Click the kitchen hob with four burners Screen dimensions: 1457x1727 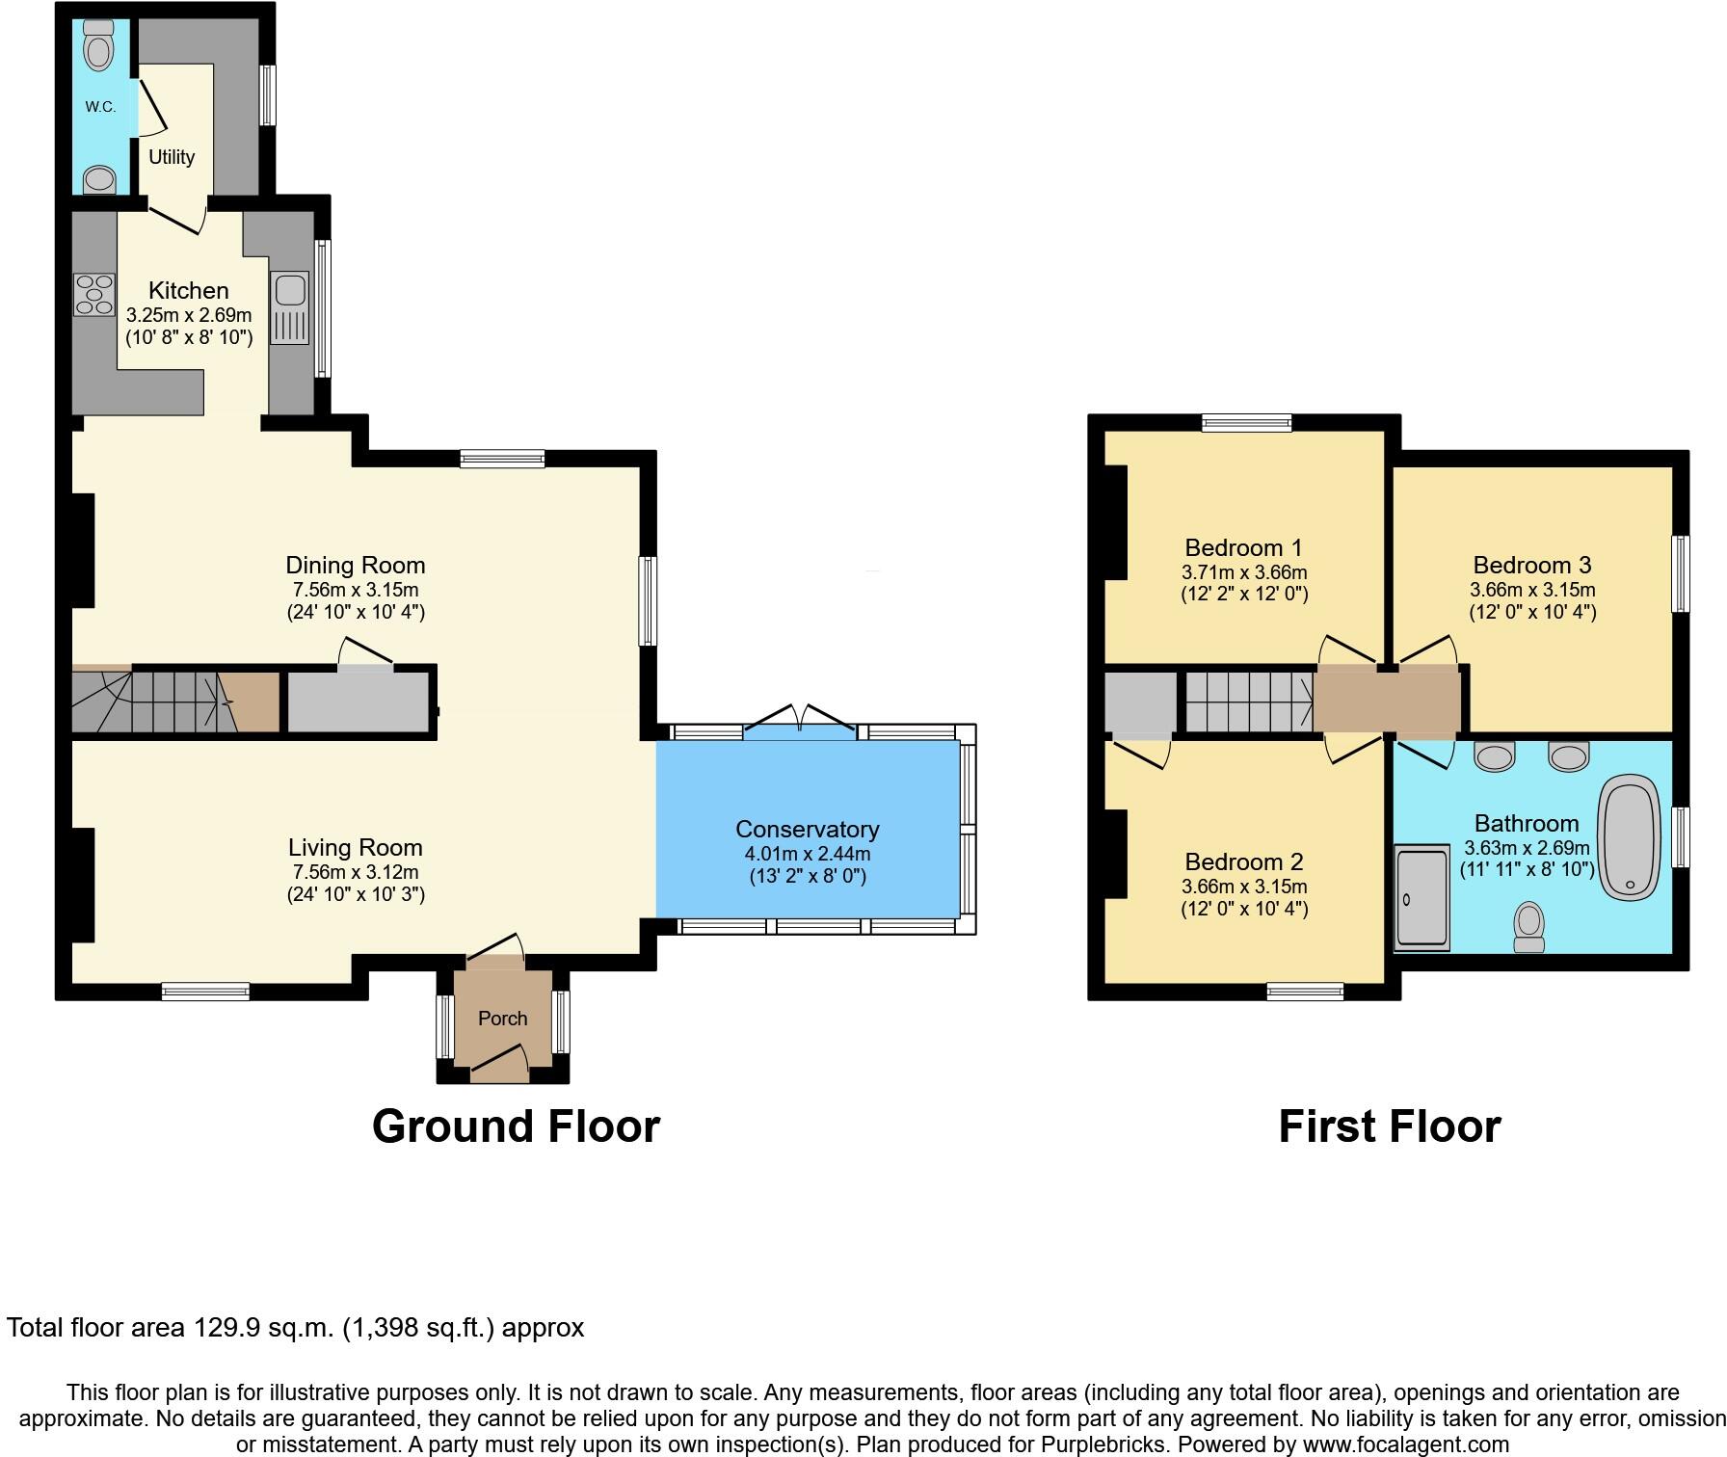pyautogui.click(x=93, y=295)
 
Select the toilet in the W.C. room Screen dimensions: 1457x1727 pyautogui.click(x=99, y=47)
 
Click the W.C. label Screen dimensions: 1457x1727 pyautogui.click(x=100, y=107)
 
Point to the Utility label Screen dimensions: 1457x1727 pyautogui.click(x=172, y=157)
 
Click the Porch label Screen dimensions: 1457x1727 pyautogui.click(x=502, y=1019)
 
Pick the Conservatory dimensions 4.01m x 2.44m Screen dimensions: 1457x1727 pyautogui.click(x=808, y=854)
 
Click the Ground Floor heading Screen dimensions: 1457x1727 pyautogui.click(x=516, y=1126)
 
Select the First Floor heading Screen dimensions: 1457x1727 pyautogui.click(x=1389, y=1126)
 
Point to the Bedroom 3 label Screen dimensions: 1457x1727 pyautogui.click(x=1531, y=565)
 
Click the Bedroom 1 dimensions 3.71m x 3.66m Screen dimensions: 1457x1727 pyautogui.click(x=1244, y=572)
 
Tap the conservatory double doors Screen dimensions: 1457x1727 pyautogui.click(x=800, y=722)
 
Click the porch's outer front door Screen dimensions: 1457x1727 pyautogui.click(x=500, y=1064)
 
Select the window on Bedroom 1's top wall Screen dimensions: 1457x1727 pyautogui.click(x=1246, y=422)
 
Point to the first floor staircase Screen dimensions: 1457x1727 pyautogui.click(x=1247, y=702)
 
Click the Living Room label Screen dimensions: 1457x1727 pyautogui.click(x=355, y=847)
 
